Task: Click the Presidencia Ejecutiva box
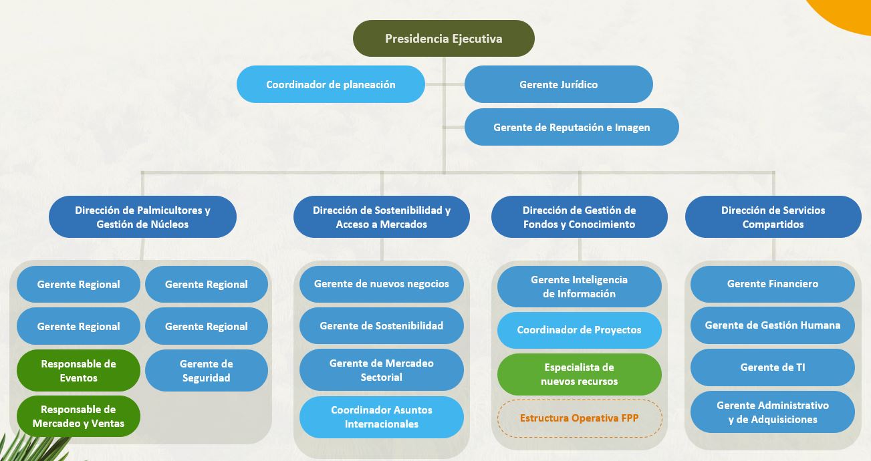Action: [x=444, y=39]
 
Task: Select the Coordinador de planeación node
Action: [x=330, y=84]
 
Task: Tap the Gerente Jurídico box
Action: [x=558, y=84]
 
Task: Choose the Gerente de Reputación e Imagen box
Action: [x=572, y=127]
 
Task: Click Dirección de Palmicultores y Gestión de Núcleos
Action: [x=142, y=217]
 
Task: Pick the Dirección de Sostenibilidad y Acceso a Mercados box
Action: [x=382, y=217]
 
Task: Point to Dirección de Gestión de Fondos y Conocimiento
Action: [x=580, y=217]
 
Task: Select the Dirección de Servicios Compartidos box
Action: [x=773, y=217]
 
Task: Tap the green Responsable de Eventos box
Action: [x=79, y=370]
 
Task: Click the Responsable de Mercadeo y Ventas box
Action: [x=79, y=416]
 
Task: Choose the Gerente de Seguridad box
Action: [x=207, y=370]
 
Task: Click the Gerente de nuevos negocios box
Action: [x=382, y=284]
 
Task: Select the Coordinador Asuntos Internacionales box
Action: [x=382, y=417]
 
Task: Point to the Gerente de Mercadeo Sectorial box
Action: [x=382, y=369]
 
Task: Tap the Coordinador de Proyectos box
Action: [x=580, y=330]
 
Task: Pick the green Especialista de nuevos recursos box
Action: [x=580, y=374]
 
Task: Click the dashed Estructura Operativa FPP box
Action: [x=580, y=418]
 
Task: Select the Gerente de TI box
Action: [x=773, y=367]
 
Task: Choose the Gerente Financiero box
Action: [x=773, y=284]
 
